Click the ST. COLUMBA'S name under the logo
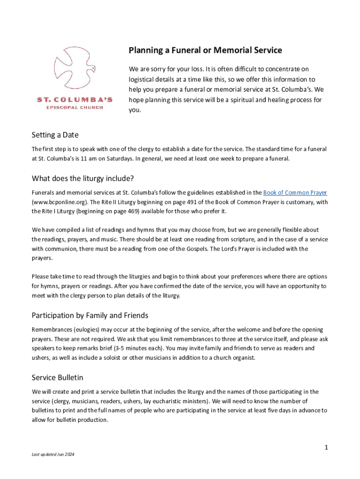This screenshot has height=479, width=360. coord(75,100)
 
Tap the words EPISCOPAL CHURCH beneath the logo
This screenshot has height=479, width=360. coord(75,108)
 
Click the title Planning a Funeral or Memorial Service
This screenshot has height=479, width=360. coord(205,50)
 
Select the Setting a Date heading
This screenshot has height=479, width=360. coord(55,135)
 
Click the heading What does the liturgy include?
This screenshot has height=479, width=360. coord(83,178)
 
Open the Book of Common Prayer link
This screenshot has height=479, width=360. coord(295,193)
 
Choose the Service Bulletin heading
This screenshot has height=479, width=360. coord(58,377)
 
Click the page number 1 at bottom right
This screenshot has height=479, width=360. coord(327,448)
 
